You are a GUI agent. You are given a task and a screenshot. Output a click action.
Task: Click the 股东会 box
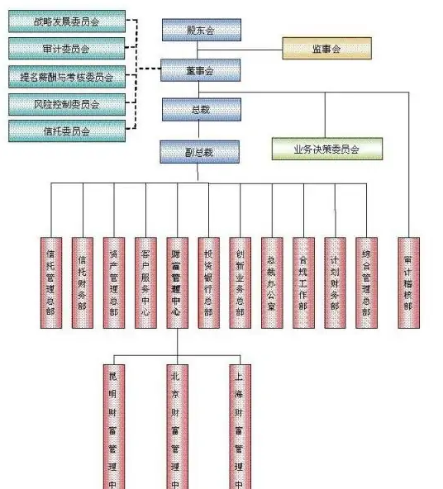[201, 31]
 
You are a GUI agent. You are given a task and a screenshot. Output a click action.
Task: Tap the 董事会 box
[201, 70]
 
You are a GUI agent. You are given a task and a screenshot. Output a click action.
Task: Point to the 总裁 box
[201, 110]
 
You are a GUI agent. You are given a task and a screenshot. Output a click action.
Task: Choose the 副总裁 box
[201, 151]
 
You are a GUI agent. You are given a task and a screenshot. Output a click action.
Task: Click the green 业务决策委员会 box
[326, 150]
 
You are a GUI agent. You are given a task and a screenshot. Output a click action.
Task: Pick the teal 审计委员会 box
[67, 48]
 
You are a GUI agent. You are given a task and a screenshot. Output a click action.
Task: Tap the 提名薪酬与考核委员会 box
[67, 78]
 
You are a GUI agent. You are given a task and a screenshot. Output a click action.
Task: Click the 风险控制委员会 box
[67, 104]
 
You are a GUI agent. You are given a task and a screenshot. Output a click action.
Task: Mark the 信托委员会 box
[67, 131]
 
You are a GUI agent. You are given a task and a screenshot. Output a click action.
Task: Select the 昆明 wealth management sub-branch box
[114, 425]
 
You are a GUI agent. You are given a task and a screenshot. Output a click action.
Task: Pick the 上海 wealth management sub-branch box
[240, 425]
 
